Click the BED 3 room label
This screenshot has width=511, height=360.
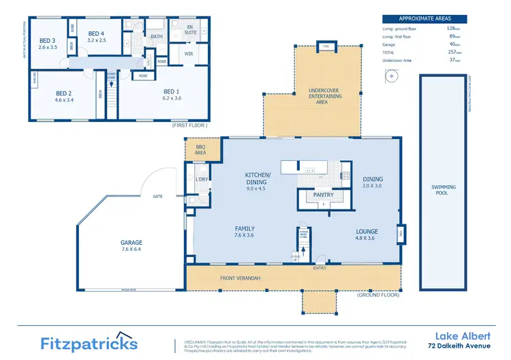46,40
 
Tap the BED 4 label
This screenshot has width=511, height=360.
96,33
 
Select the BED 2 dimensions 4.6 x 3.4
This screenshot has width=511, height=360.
64,100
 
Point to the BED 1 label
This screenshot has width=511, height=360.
172,91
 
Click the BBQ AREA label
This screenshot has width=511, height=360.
201,150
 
